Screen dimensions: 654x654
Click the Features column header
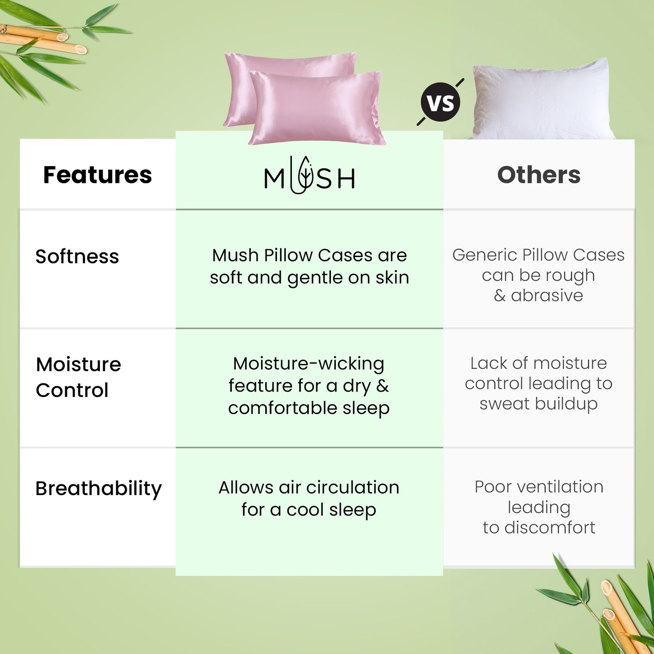coord(97,175)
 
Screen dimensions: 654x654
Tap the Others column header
coord(539,175)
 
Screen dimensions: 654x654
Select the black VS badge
coord(440,102)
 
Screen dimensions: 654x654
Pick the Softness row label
coord(77,256)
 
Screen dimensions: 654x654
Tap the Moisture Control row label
coord(78,377)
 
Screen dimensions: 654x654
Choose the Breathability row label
coord(98,489)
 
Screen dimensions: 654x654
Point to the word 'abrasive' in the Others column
coord(547,295)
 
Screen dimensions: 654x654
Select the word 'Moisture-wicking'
coord(309,364)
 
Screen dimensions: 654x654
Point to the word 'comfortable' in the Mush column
coord(282,408)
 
